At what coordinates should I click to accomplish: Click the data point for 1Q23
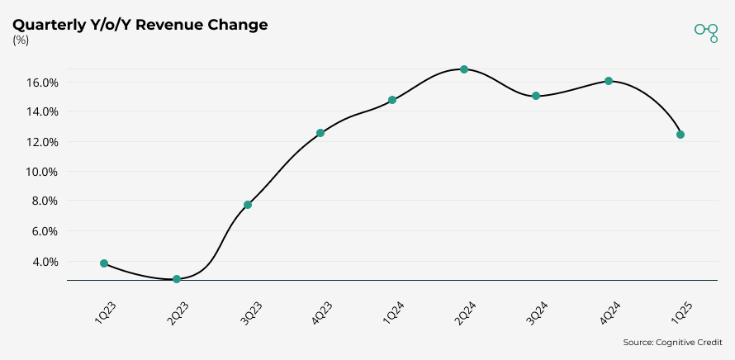coord(104,263)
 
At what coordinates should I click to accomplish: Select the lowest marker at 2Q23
coord(177,279)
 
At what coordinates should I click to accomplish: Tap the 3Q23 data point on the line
coord(248,205)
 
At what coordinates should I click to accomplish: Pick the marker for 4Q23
coord(320,133)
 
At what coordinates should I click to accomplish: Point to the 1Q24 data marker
coord(392,100)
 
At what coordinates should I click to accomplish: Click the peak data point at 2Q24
coord(464,69)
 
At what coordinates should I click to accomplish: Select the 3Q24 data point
coord(536,96)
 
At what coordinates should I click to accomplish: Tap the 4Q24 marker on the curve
coord(609,81)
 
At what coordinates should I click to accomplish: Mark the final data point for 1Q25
coord(680,135)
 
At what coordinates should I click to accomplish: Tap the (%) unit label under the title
coord(21,40)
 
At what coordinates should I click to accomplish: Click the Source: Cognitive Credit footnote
coord(672,342)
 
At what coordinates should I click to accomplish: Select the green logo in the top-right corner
coord(706,31)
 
